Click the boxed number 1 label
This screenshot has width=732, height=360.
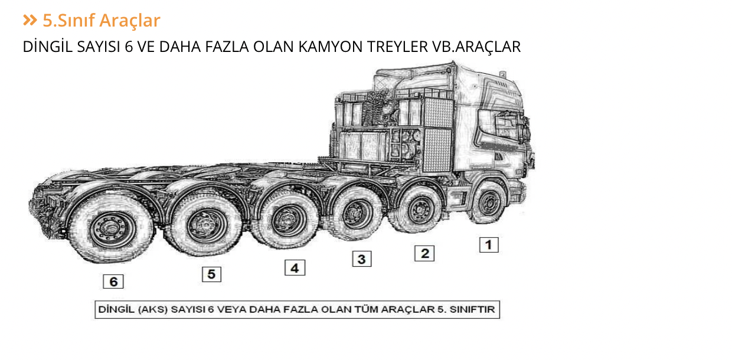(x=488, y=244)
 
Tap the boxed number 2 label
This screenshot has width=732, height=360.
(x=424, y=254)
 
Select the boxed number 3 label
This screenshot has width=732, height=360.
(x=362, y=258)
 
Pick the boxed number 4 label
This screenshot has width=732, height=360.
(x=295, y=268)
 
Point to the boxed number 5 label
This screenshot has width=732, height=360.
(x=211, y=274)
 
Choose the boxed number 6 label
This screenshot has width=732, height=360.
(x=113, y=282)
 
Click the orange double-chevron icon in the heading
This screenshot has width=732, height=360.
(x=30, y=21)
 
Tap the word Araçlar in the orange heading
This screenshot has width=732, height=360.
(x=129, y=21)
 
